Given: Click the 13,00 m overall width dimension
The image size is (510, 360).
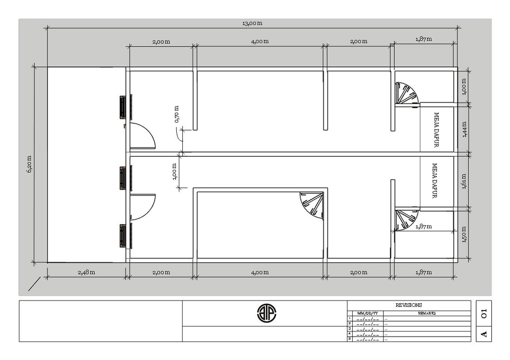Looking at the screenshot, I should (x=252, y=23).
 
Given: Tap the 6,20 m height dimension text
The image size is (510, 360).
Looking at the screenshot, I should (x=30, y=164).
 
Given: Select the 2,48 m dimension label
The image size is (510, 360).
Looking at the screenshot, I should (x=86, y=272).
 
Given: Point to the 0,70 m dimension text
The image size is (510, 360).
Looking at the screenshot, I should (x=177, y=114).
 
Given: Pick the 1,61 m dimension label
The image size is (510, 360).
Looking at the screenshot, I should (x=464, y=181).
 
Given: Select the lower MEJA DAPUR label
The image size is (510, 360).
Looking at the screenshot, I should (x=435, y=181).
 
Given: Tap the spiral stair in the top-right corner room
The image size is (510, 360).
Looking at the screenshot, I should (x=406, y=94).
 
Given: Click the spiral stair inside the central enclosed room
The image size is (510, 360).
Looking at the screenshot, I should (x=312, y=205).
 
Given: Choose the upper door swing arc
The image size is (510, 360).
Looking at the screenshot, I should (x=142, y=135).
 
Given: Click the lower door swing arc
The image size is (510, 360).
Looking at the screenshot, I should (x=142, y=207).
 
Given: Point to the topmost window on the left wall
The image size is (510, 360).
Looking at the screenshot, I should (x=125, y=107).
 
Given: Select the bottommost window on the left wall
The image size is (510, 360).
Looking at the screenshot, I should (x=125, y=236).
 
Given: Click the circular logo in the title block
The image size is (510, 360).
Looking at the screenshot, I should (x=267, y=313).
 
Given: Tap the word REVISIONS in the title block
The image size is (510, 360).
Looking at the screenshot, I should (x=409, y=305).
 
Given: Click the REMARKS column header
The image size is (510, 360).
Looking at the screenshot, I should (x=427, y=313).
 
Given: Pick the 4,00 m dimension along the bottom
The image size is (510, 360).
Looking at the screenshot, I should (x=260, y=272).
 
